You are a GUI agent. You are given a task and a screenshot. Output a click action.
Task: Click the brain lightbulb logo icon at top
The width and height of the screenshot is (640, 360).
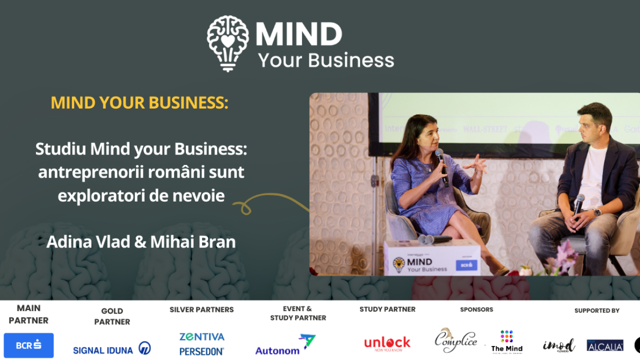(227, 42)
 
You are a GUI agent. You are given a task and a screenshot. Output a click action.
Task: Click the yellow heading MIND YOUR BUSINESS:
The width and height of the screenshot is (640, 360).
(139, 102)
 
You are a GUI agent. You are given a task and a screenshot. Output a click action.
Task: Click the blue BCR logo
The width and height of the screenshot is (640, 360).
(28, 345)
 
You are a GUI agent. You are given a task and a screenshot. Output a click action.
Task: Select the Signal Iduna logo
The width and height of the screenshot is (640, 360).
(111, 348)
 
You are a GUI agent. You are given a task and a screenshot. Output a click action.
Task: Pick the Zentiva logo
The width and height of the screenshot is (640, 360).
(202, 336)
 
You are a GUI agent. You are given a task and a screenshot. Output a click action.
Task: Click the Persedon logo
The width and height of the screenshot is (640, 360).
(202, 351)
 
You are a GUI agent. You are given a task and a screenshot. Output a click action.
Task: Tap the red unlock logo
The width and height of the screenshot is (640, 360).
(387, 343)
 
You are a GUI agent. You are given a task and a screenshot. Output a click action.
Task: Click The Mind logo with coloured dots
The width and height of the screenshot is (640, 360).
(506, 342)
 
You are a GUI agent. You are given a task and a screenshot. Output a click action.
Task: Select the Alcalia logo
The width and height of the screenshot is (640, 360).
(605, 345)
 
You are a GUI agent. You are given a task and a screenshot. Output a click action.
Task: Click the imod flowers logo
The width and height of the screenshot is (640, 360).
(558, 345)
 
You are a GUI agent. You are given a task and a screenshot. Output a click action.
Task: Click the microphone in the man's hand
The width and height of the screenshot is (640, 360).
(578, 202)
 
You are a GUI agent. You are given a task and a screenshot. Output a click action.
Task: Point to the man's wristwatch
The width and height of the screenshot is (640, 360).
(597, 211)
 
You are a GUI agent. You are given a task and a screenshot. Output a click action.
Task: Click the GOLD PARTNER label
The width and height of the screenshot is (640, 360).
(112, 316)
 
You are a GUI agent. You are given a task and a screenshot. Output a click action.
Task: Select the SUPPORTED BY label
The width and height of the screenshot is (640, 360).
(596, 310)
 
